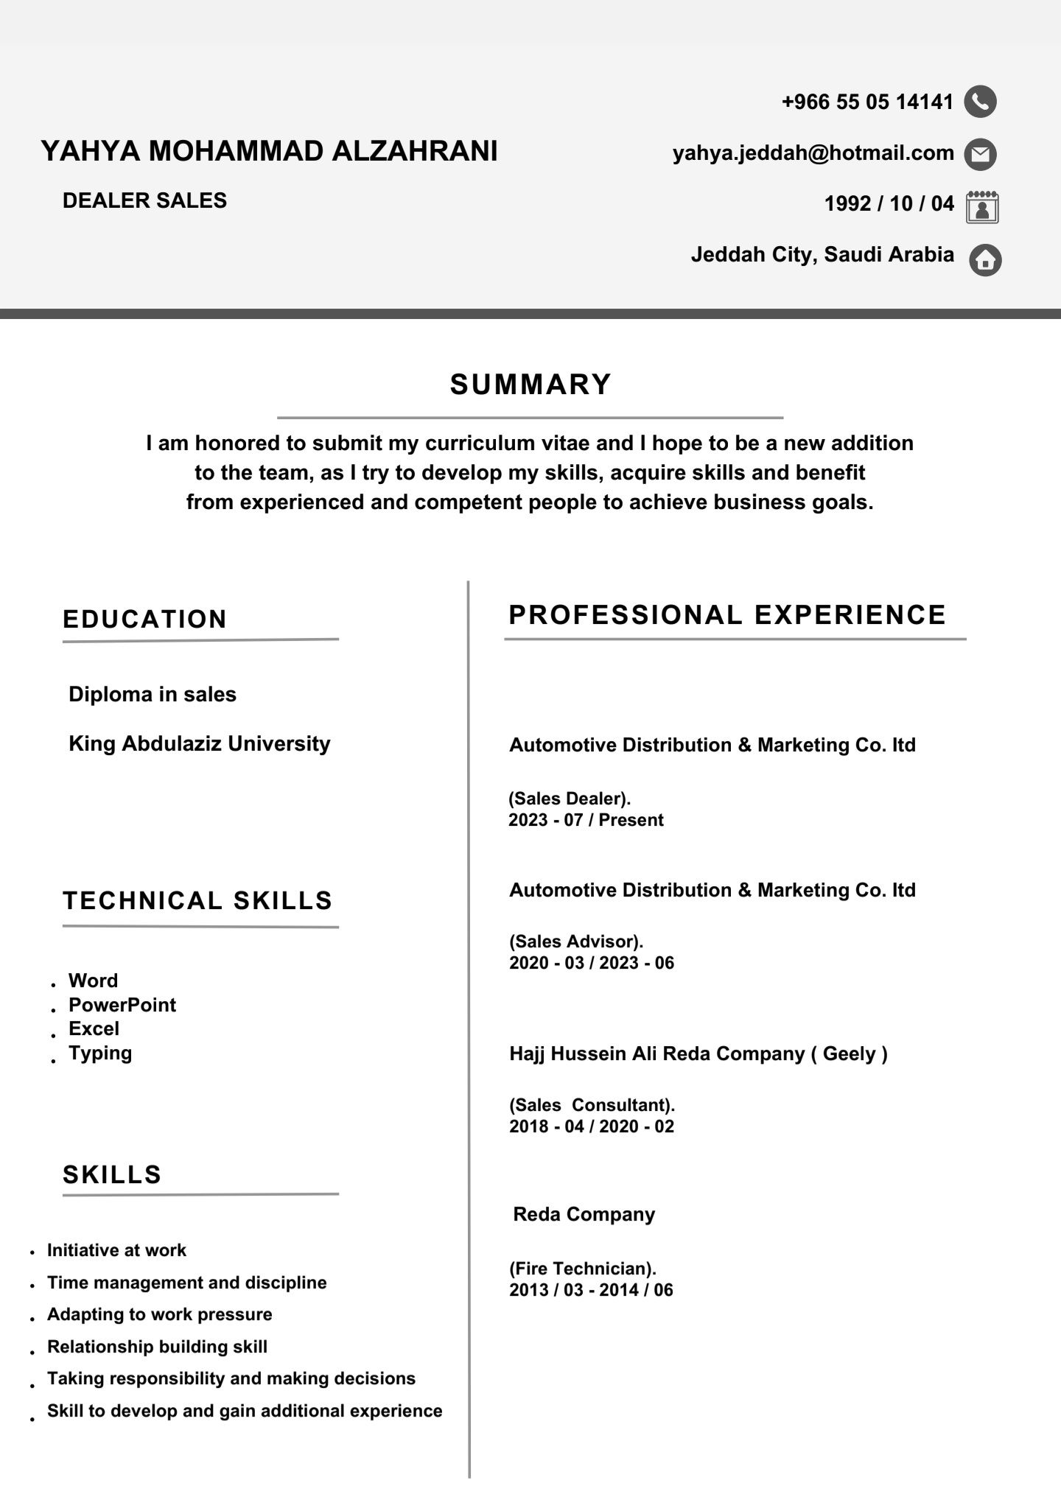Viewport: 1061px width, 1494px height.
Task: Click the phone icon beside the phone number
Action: point(980,102)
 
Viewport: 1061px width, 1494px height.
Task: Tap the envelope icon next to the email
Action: point(981,154)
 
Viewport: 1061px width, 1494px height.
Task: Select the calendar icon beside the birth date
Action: point(982,206)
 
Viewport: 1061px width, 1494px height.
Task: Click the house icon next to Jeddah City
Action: point(985,259)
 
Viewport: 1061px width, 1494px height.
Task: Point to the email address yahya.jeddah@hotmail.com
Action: point(813,153)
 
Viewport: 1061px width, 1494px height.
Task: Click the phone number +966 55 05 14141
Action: point(867,102)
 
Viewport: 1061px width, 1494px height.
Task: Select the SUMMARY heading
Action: point(530,385)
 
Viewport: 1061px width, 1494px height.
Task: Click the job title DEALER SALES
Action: point(144,200)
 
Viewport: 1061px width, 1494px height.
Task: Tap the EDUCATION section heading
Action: point(145,619)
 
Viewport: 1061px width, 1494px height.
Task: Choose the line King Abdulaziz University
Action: point(199,743)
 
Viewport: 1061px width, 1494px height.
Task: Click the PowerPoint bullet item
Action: point(122,1005)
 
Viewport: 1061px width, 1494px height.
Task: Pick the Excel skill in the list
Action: point(94,1028)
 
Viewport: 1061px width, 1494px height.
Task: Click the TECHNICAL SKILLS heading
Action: point(197,900)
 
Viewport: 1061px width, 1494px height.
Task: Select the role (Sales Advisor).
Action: point(576,941)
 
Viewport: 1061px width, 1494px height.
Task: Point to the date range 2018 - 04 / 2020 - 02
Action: point(592,1126)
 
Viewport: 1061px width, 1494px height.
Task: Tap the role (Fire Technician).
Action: point(582,1269)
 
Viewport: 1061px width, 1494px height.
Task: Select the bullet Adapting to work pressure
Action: point(159,1314)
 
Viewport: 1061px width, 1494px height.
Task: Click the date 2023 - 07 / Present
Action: point(586,820)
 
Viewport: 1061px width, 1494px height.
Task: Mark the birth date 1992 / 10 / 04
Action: point(889,203)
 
